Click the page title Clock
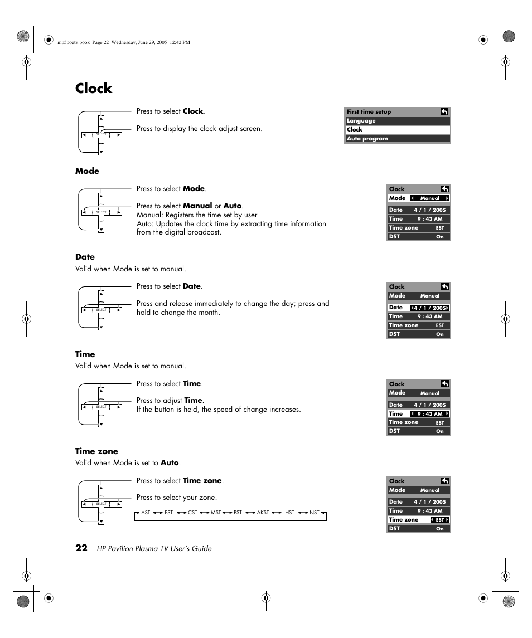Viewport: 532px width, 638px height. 94,89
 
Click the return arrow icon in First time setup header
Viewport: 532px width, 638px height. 444,111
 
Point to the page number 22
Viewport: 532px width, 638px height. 81,548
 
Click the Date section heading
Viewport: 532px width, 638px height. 85,257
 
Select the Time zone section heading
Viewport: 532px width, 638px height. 96,451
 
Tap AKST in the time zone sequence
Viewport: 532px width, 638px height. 263,512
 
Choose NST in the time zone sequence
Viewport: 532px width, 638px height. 315,512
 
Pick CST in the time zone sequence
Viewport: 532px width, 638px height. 192,512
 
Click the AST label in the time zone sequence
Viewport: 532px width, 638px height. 146,512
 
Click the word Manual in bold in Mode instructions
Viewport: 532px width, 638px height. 197,206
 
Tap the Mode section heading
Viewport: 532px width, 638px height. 87,171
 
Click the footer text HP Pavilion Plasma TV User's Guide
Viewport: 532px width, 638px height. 154,548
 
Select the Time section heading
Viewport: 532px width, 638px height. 85,354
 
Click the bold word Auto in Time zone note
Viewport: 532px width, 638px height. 170,463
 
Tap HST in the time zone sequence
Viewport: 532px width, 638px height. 289,512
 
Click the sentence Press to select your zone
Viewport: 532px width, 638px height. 176,498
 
